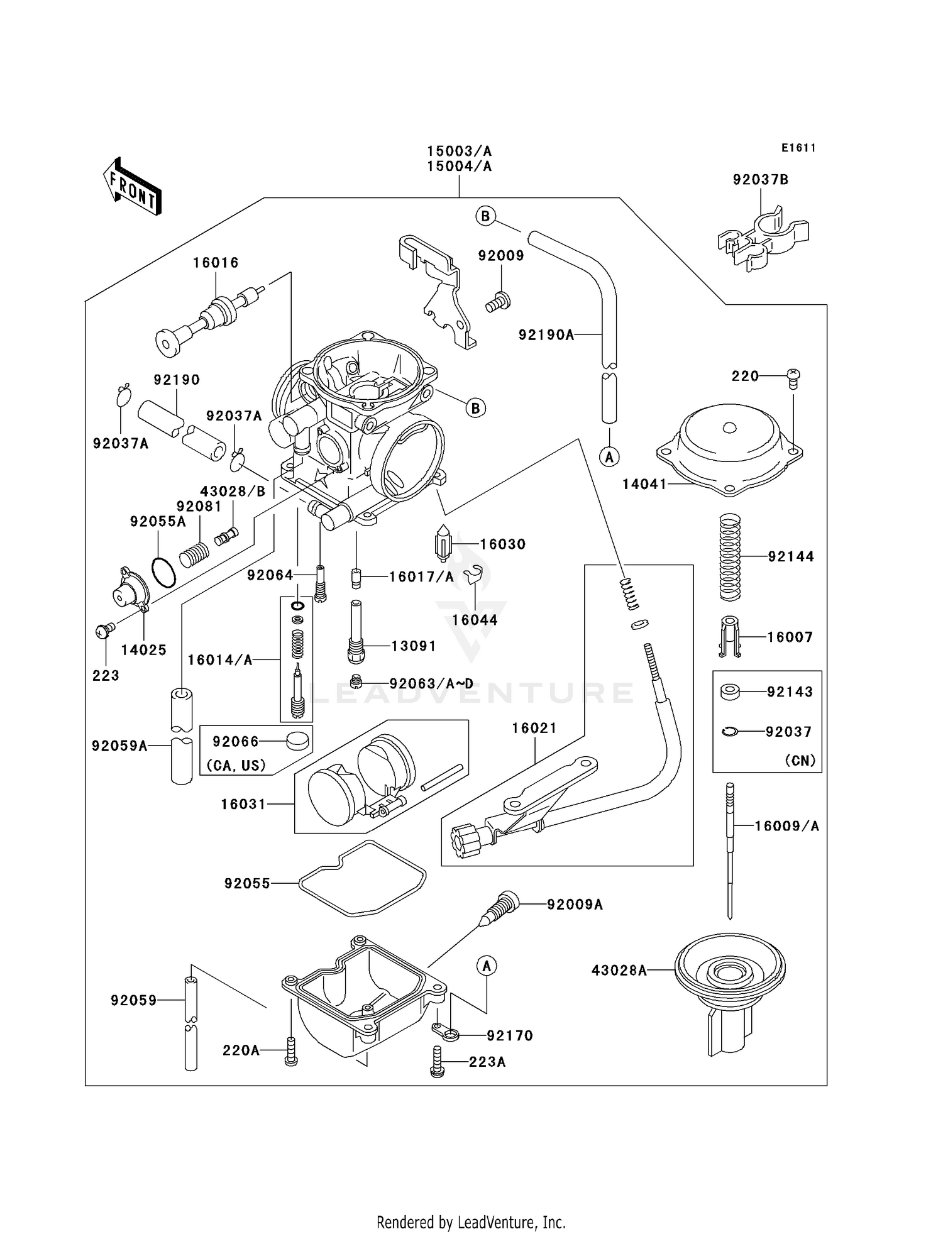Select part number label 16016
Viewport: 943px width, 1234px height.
point(216,263)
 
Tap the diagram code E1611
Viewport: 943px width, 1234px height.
point(798,148)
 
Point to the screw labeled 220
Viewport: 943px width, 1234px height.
point(793,378)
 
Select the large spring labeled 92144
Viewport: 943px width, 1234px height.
point(729,557)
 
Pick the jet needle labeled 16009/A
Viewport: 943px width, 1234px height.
point(729,851)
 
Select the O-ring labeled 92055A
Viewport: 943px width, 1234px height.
point(163,571)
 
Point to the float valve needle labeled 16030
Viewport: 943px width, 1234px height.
point(444,543)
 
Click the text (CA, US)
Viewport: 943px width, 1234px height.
point(236,765)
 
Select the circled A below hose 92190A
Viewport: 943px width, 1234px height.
point(609,457)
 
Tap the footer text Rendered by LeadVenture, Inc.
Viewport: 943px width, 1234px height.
point(471,1222)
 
